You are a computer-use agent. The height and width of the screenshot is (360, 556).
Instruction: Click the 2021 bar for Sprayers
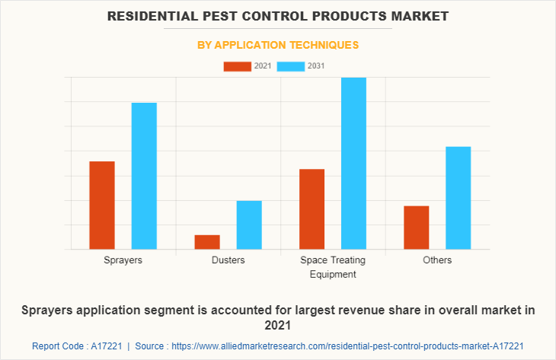102,205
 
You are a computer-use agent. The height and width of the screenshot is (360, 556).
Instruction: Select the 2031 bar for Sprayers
144,176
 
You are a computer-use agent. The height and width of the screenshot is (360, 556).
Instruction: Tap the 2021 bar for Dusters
207,241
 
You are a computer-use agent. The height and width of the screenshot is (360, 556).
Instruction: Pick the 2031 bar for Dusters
249,225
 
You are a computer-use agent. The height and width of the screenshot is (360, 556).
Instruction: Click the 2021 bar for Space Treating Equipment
312,209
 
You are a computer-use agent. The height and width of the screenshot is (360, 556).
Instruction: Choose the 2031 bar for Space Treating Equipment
353,163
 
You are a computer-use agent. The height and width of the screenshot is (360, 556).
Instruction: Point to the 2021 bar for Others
417,227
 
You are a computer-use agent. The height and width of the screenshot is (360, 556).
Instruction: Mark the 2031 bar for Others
459,197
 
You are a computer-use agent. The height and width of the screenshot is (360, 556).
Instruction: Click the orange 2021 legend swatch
237,66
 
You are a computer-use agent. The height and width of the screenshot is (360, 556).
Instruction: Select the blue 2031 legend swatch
291,66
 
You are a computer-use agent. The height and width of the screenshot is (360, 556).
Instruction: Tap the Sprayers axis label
123,260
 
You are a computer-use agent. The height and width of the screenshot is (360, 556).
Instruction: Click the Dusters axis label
228,260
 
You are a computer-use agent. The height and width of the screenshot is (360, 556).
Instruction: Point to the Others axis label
438,260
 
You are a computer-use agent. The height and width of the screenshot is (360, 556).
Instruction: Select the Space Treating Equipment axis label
333,267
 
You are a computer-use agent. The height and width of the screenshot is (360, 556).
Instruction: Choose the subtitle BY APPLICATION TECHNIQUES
278,45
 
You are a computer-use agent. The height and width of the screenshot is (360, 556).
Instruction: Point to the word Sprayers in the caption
50,311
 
